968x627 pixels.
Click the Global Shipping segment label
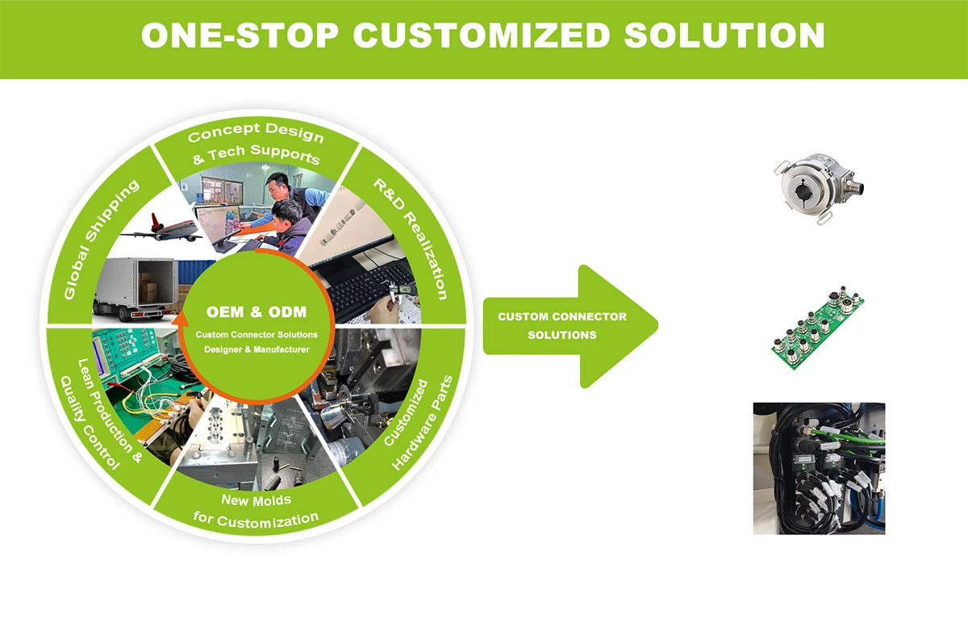pos(100,238)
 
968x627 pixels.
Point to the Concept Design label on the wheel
pos(256,133)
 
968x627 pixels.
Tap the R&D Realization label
pos(411,238)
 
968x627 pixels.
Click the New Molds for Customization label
pos(257,509)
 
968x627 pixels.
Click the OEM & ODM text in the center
pos(257,311)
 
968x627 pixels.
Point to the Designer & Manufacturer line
pos(257,349)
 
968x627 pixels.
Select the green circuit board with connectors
pos(816,325)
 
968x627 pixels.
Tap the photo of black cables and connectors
pos(819,468)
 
